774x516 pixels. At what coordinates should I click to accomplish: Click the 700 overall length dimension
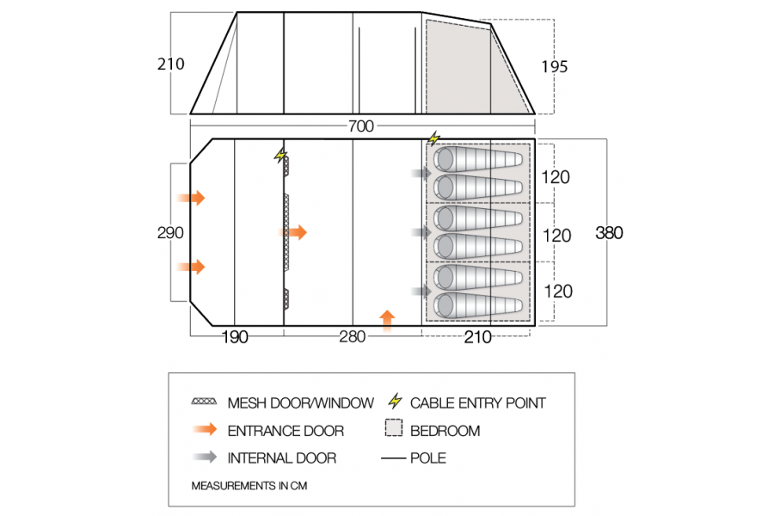click(361, 126)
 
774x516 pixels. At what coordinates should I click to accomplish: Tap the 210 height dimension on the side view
click(170, 64)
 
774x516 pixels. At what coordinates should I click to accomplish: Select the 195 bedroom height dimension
click(555, 66)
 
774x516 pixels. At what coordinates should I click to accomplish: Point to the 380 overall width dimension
click(609, 233)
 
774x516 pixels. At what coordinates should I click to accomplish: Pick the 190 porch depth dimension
click(234, 337)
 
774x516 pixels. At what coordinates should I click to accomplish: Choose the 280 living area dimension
click(353, 337)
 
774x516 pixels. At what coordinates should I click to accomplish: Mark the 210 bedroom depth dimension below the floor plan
click(477, 337)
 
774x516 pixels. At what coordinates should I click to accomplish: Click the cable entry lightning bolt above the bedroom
click(433, 138)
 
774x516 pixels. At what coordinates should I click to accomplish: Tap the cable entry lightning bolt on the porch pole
click(280, 155)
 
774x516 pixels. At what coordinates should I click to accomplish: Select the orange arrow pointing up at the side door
click(387, 320)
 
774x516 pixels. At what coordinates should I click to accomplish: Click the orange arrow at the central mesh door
click(294, 232)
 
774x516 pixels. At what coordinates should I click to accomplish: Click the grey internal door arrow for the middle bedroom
click(421, 233)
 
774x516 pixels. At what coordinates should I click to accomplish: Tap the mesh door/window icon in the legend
click(206, 402)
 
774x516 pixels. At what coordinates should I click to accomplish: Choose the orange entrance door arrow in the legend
click(206, 430)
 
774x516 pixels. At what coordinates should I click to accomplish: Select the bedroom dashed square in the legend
click(393, 430)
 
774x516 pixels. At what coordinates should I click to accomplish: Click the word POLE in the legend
click(429, 458)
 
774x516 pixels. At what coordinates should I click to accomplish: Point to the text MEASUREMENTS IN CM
click(249, 486)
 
